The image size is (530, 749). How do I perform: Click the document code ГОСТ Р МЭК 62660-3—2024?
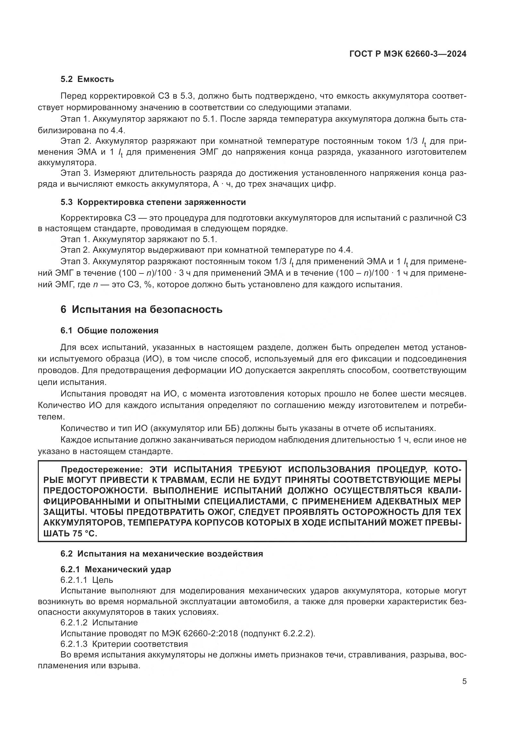(x=408, y=54)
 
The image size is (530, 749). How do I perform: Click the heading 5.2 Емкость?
(x=87, y=79)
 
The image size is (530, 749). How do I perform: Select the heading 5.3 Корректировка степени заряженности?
(x=153, y=202)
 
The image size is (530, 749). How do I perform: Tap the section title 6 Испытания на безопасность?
(x=141, y=309)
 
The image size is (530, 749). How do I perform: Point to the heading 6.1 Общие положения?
(x=109, y=330)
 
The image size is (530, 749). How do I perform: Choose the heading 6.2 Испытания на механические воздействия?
(x=161, y=554)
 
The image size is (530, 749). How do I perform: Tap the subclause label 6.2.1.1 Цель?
(x=87, y=580)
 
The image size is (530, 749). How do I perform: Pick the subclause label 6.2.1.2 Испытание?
(x=99, y=623)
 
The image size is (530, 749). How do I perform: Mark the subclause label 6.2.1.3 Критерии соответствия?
(x=124, y=644)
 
